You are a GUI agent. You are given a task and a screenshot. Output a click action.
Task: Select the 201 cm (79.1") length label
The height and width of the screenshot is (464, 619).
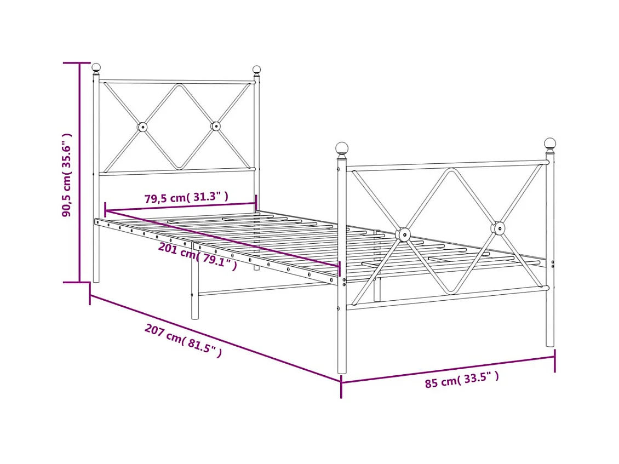pyautogui.click(x=197, y=256)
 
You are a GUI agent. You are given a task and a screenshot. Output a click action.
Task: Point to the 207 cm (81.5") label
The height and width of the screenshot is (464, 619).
pyautogui.click(x=184, y=341)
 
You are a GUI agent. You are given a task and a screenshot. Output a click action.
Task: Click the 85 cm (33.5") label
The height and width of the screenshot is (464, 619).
pyautogui.click(x=462, y=380)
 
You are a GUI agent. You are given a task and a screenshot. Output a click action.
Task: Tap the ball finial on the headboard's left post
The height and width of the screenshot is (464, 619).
pyautogui.click(x=96, y=67)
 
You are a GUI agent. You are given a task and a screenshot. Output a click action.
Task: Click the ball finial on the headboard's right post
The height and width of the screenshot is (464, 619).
pyautogui.click(x=256, y=70)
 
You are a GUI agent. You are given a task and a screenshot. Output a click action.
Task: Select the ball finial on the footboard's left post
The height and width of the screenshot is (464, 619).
pyautogui.click(x=342, y=148)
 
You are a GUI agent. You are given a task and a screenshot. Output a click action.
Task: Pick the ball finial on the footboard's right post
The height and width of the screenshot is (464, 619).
pyautogui.click(x=550, y=144)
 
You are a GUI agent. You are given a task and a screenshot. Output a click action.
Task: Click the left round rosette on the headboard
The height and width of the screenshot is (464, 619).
pyautogui.click(x=142, y=127)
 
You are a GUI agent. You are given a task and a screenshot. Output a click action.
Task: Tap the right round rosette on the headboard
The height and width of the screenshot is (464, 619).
pyautogui.click(x=216, y=126)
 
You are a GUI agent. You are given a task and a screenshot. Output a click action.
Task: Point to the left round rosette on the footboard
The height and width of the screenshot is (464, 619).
pyautogui.click(x=403, y=234)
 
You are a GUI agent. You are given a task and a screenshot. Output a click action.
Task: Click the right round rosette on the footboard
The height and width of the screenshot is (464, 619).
pyautogui.click(x=498, y=228)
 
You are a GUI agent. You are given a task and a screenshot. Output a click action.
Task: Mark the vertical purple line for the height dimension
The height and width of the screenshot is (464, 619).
pyautogui.click(x=81, y=173)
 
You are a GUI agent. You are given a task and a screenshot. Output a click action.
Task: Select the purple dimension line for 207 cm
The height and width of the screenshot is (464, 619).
pyautogui.click(x=215, y=338)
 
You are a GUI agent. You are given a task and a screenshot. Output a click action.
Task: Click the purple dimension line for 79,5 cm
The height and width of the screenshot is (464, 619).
pyautogui.click(x=181, y=207)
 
